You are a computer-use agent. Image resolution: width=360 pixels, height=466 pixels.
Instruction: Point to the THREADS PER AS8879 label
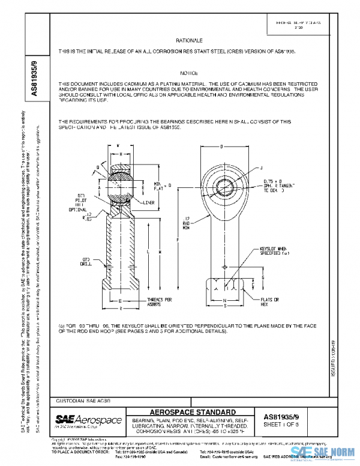(160, 301)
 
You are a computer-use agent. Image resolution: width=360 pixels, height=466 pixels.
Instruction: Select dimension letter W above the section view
(118, 146)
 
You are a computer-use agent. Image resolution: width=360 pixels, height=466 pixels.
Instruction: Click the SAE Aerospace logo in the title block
(88, 419)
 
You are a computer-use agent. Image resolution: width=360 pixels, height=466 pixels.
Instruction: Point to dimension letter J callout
(262, 168)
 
